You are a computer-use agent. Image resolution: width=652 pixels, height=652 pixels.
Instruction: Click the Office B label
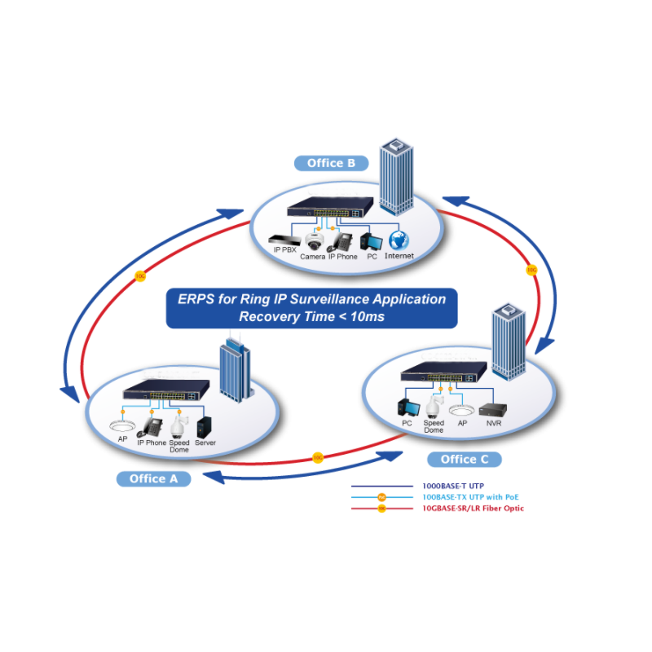[x=331, y=163]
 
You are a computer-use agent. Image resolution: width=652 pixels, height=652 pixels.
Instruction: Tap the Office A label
[x=153, y=478]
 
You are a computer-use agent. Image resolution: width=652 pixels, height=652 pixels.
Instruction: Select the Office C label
[x=465, y=460]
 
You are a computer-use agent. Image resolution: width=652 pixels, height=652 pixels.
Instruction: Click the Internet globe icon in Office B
[x=399, y=240]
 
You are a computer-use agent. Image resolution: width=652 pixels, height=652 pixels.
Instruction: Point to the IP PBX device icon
[x=284, y=241]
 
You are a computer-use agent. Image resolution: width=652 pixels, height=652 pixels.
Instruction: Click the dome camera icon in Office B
[x=315, y=241]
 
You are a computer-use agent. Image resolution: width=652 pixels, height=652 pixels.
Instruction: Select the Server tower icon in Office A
[x=205, y=426]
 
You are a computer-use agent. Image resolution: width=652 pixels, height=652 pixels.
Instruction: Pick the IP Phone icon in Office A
[x=152, y=425]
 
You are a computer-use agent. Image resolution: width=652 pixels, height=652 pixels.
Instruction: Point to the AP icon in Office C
[x=462, y=412]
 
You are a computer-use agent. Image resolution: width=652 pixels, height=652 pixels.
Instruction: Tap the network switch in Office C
[x=443, y=375]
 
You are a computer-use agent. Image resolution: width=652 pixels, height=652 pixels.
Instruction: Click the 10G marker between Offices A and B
[x=139, y=276]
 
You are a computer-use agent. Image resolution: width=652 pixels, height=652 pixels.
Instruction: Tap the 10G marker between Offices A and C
[x=317, y=458]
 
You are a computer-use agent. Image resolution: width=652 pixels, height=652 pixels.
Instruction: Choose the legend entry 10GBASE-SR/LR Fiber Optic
[x=473, y=509]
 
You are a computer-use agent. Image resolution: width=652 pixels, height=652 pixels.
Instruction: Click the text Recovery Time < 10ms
[x=311, y=316]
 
